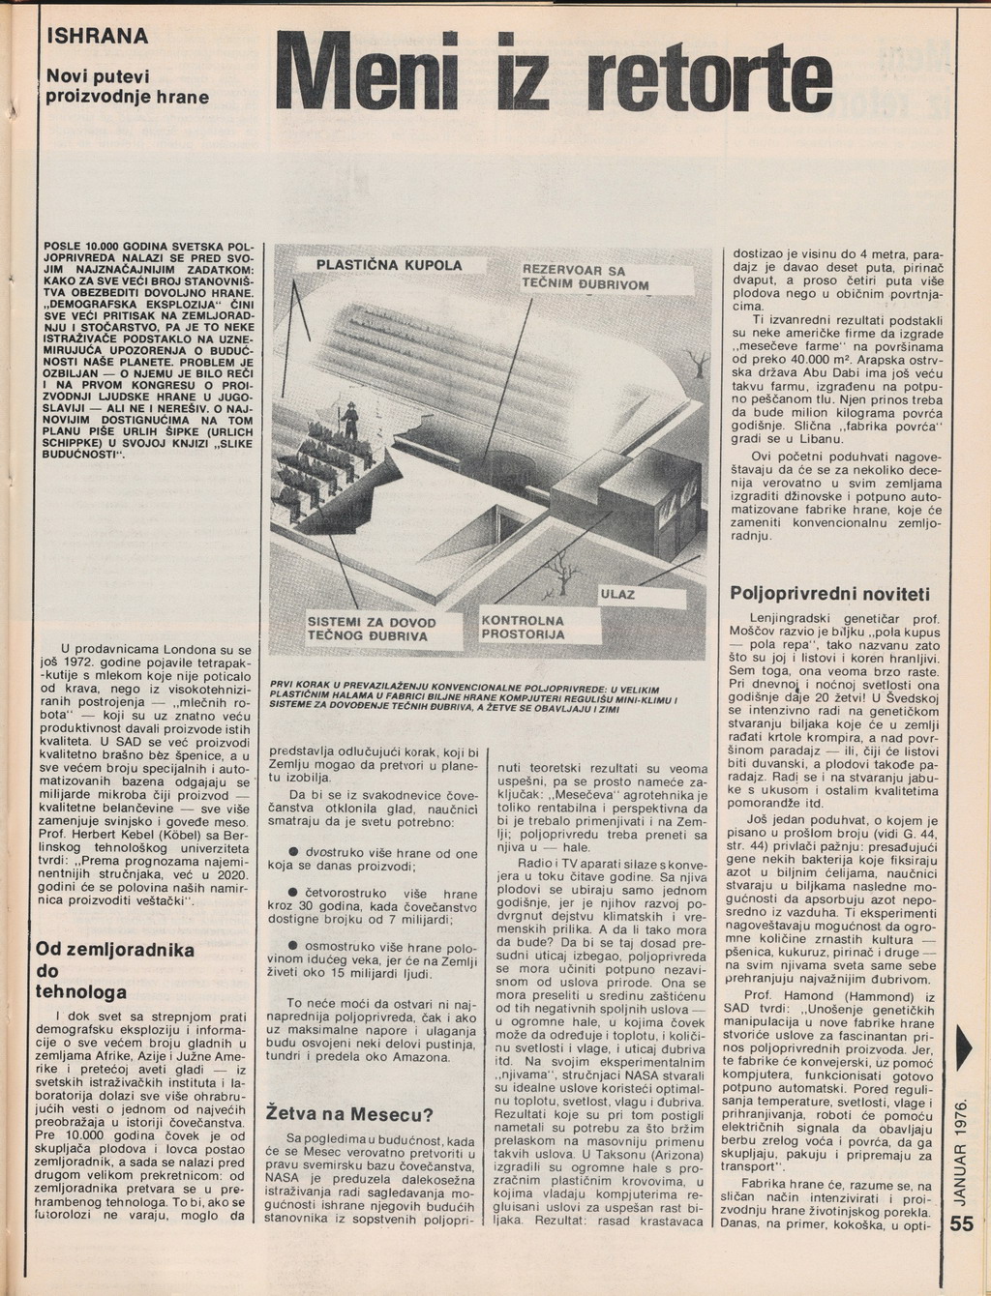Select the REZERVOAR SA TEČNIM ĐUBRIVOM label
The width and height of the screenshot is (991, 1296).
585,278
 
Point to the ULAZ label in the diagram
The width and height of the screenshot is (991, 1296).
617,594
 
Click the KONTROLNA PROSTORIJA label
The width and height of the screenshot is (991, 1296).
523,627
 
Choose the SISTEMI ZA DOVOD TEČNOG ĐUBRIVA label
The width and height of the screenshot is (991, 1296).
372,630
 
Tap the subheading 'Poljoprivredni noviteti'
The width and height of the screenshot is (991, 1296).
829,593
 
